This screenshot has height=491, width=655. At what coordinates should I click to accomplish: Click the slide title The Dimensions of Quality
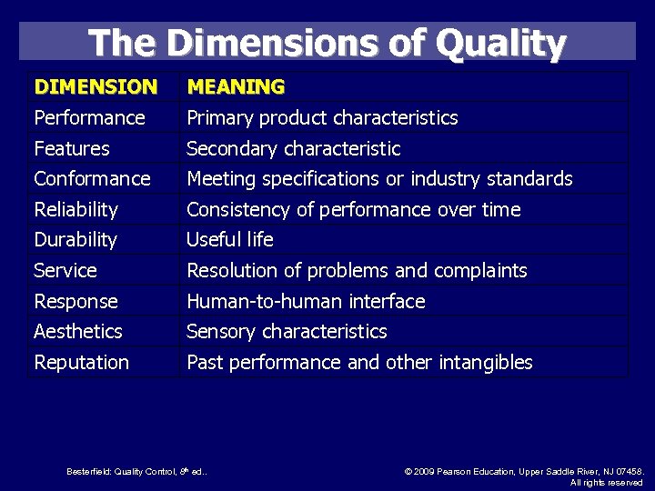pos(327,43)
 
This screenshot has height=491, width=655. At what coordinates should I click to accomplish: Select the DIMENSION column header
pos(96,87)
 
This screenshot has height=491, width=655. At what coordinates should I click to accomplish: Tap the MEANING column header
pos(236,87)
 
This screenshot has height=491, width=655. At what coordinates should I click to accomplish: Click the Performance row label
pos(89,118)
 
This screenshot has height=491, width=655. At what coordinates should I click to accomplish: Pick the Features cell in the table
pos(72,148)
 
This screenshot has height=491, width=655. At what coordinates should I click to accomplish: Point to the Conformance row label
pos(92,178)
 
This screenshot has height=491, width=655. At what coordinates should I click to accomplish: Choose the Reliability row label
pos(76,209)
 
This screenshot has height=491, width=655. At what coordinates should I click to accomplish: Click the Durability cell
pos(76,240)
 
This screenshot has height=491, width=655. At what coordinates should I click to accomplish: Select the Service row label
pos(65,271)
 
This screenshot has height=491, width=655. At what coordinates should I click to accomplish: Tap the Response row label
pos(76,301)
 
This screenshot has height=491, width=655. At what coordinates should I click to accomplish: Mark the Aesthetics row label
pos(78,332)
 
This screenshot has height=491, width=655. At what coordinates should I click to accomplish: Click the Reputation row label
pos(82,363)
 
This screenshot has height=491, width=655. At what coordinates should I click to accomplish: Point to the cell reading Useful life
pos(230,240)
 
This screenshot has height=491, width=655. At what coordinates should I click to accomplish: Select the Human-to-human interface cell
pos(306,301)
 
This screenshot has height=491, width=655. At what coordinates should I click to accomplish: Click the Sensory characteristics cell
pos(287,332)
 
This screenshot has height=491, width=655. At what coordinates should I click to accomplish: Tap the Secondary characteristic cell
pos(293,148)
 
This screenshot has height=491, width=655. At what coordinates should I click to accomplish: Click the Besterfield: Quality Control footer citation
pos(136,471)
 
